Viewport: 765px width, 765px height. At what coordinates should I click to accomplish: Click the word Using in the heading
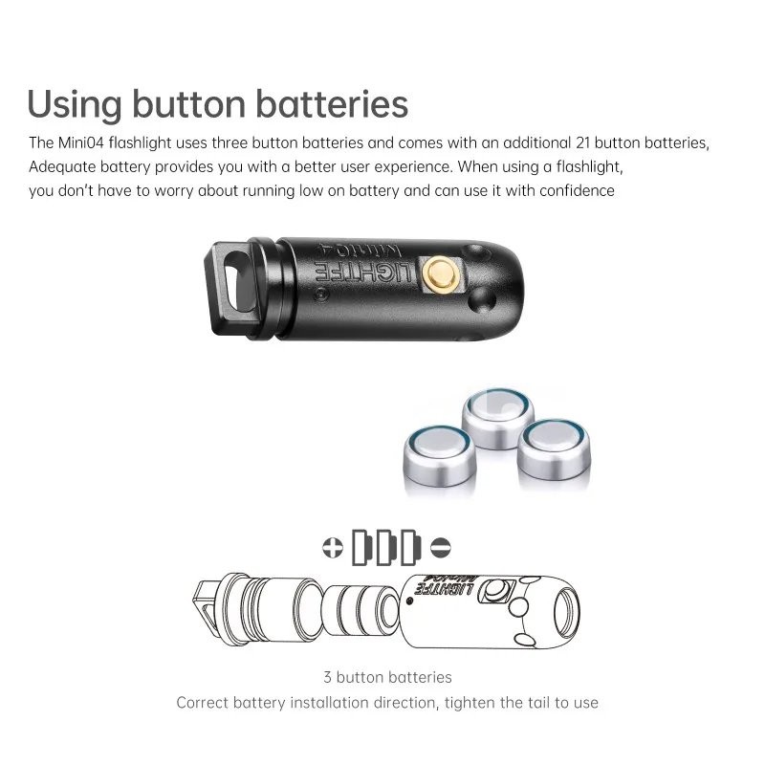[x=75, y=104]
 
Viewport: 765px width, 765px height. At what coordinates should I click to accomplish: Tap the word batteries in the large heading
[x=332, y=103]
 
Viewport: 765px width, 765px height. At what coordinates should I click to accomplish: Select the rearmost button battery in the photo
[x=497, y=418]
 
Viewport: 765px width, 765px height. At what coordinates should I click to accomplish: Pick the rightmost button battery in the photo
[x=554, y=450]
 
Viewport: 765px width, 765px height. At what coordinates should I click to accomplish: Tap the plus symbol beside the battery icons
[x=333, y=547]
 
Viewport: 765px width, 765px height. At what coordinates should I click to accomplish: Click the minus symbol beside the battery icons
[x=441, y=547]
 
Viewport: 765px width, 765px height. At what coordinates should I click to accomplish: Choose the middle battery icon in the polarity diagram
[x=386, y=547]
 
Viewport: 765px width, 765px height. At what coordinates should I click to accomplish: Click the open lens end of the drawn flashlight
[x=566, y=613]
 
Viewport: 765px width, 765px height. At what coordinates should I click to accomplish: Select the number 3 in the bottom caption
[x=327, y=678]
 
